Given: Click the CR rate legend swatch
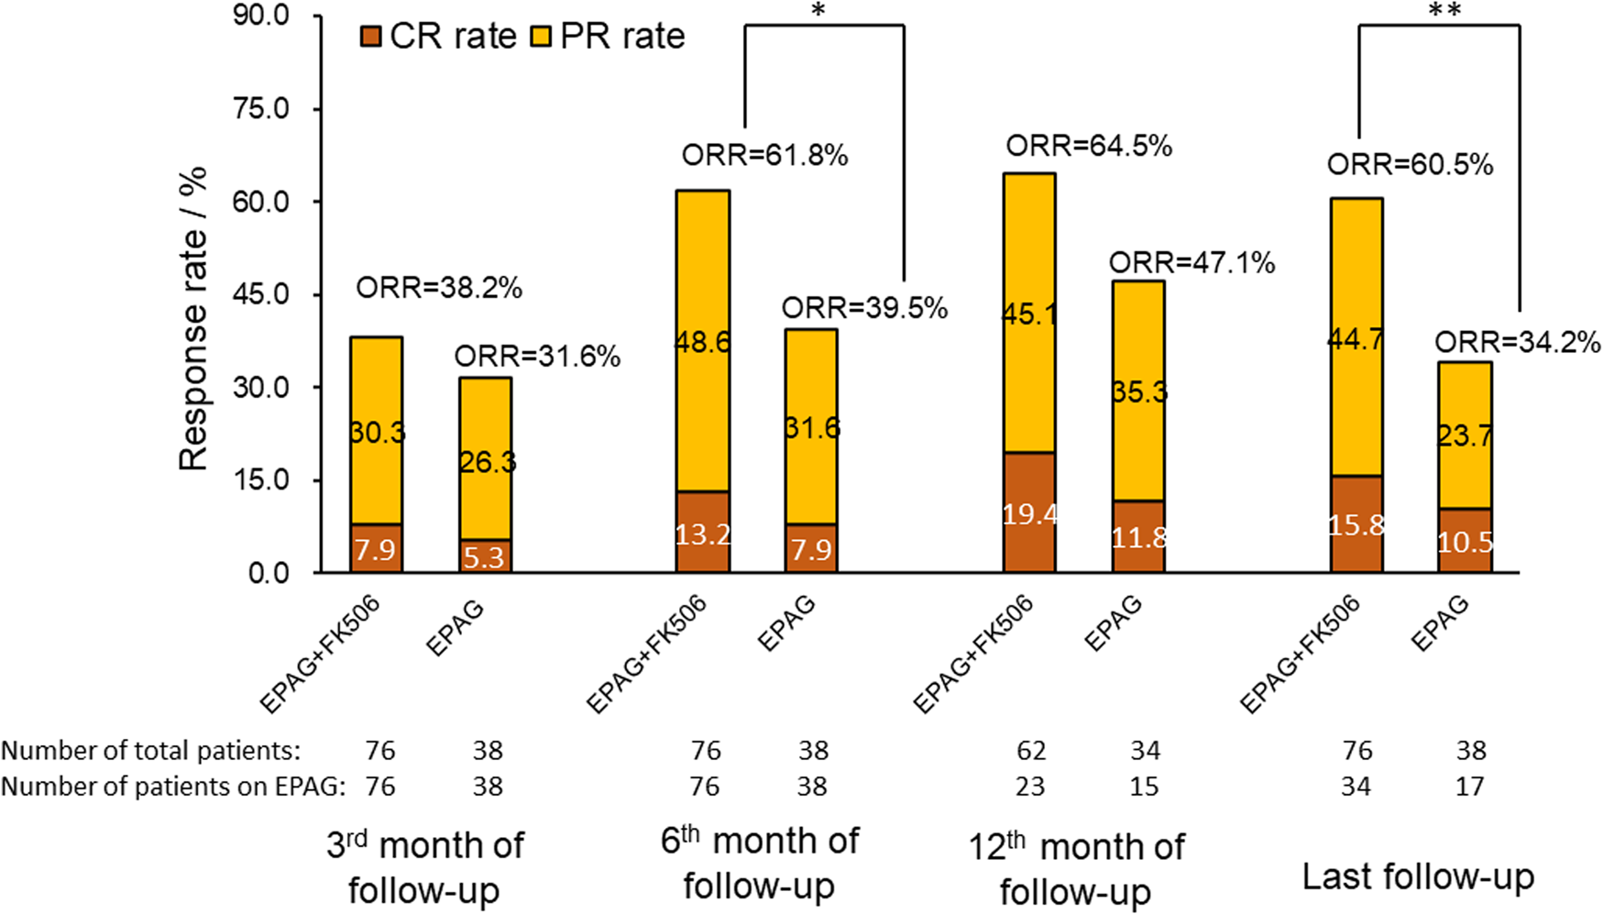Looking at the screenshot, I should coord(370,38).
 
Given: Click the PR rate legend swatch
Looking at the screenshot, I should coord(541,38).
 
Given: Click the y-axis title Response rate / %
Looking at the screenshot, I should coord(193,319).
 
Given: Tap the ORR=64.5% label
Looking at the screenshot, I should coord(1089,146).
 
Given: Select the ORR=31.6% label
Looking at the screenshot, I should coord(537,356).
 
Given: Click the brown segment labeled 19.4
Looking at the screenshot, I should coord(1029,513).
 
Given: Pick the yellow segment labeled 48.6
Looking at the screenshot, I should coord(703,342).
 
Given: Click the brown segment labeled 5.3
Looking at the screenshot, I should coord(485,556).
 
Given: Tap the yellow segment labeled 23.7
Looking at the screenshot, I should coord(1465,435).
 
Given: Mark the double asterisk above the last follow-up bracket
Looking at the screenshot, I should coord(1444,11).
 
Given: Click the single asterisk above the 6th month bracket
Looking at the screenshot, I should coord(818,11).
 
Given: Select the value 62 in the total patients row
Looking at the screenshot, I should coord(1030,751).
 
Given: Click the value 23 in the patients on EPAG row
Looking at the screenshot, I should coord(1030,787).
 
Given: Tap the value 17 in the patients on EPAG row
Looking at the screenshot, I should coord(1469,787).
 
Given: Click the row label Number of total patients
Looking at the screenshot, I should coord(150,751).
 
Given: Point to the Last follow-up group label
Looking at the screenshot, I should coord(1418,876).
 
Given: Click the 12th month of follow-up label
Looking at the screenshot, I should coord(1076,867).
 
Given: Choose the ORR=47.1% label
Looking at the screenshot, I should coord(1192,263).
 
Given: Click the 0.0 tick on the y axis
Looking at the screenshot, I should coord(268,573).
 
